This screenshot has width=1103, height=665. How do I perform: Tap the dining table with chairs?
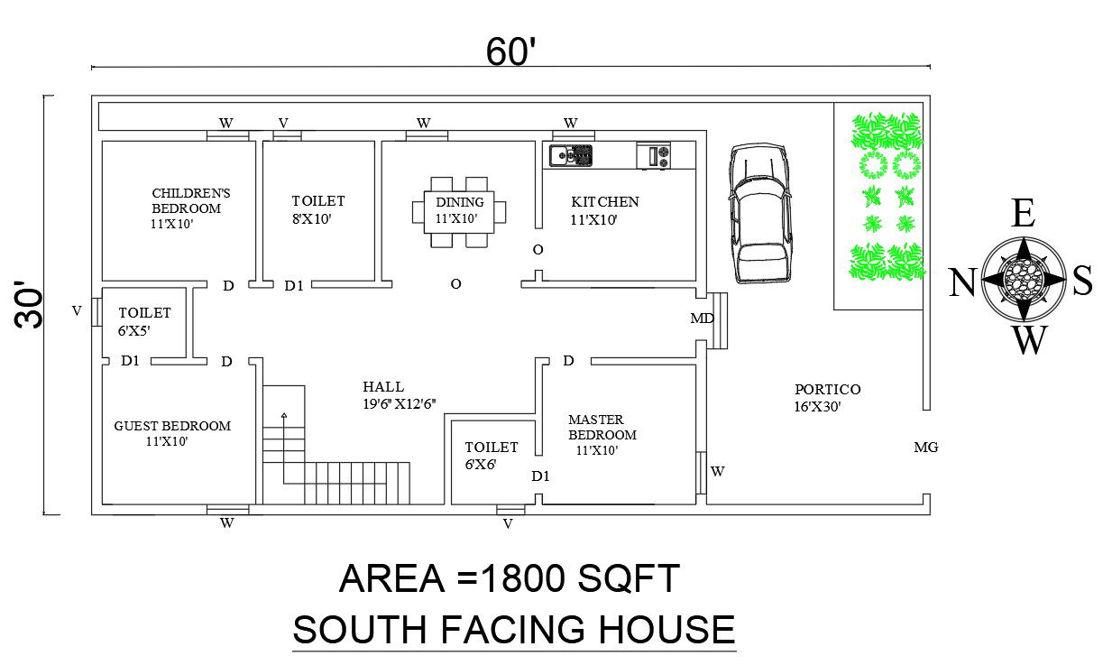[x=458, y=211]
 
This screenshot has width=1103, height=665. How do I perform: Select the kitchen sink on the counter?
[x=571, y=155]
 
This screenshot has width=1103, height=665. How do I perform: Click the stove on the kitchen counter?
[x=654, y=155]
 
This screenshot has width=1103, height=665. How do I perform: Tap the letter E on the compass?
[x=1023, y=215]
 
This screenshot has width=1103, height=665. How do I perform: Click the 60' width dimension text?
[x=511, y=52]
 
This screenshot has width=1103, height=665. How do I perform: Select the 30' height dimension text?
[x=31, y=307]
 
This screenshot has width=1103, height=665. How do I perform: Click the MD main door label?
[x=702, y=319]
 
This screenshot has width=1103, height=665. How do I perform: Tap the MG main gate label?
[x=925, y=447]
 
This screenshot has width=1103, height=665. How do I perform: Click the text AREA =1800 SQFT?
[x=509, y=578]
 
